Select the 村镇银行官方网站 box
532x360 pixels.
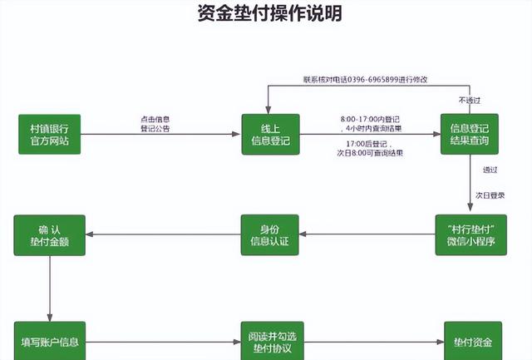point(49,134)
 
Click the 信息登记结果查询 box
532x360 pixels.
point(469,134)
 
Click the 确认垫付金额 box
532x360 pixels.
point(49,234)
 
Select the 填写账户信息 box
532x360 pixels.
point(49,342)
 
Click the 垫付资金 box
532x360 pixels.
point(472,342)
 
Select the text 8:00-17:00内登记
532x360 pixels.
point(370,119)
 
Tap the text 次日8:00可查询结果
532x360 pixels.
point(370,154)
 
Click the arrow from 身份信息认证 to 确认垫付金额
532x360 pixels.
point(163,234)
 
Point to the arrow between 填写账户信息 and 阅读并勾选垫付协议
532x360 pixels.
point(163,342)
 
